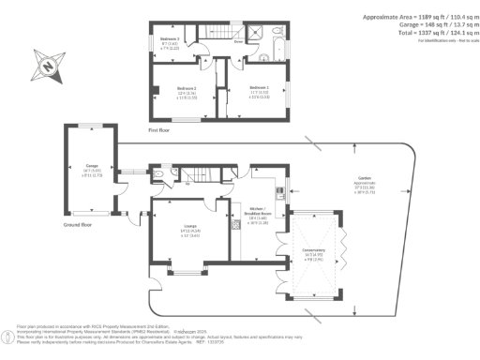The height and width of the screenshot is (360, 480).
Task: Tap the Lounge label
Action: (x=189, y=231)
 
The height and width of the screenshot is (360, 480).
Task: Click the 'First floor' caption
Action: (x=161, y=131)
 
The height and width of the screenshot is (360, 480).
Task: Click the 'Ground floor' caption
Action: (x=78, y=225)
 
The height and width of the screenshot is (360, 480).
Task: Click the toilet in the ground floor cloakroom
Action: (x=161, y=174)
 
